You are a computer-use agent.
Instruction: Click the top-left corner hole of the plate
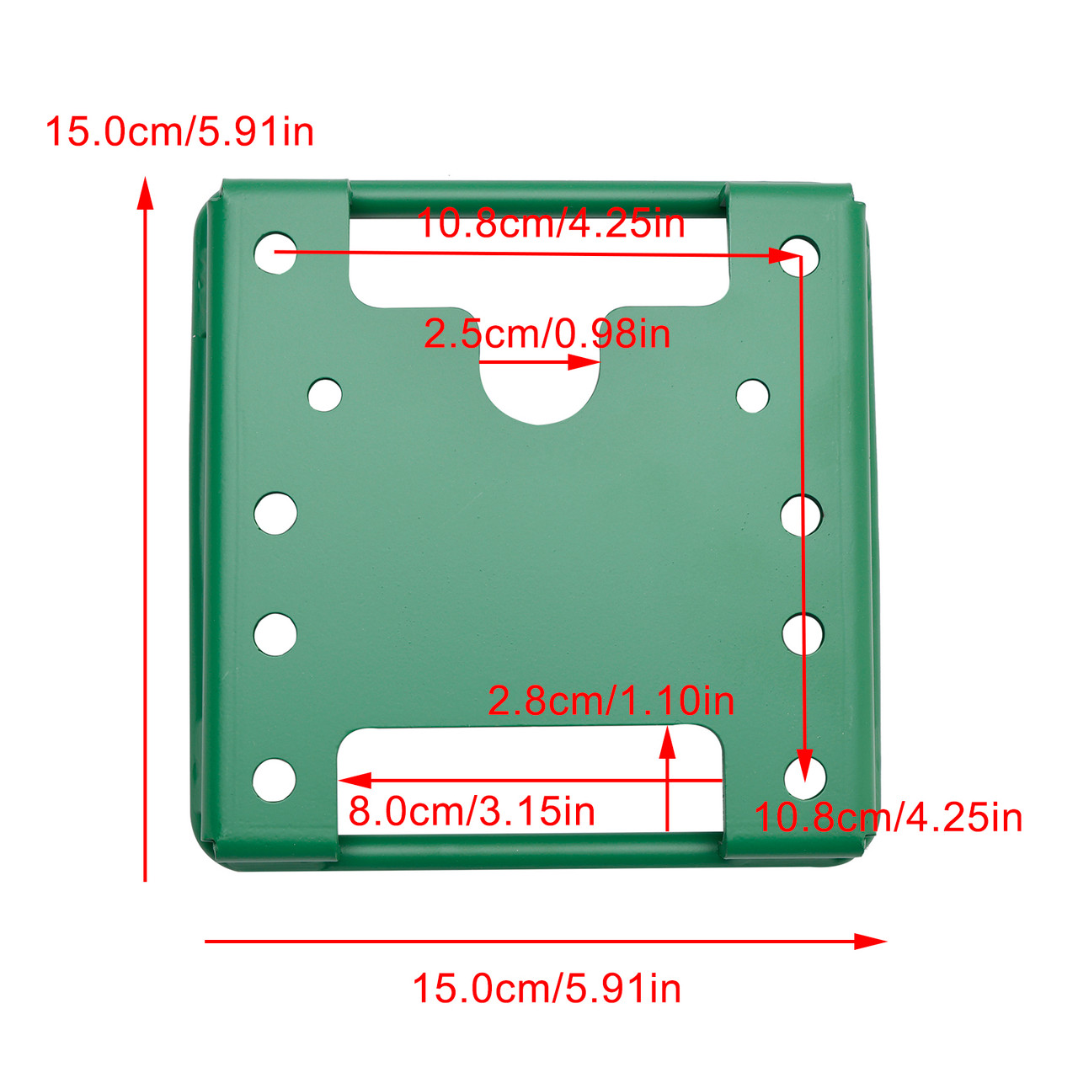(275, 253)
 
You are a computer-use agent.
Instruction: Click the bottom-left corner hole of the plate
(275, 780)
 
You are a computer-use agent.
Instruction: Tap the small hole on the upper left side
(325, 394)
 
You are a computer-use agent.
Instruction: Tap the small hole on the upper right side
(752, 396)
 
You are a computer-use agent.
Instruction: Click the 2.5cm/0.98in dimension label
(547, 334)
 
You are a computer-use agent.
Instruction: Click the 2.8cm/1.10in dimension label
(611, 701)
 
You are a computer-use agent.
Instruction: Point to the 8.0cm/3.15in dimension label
(472, 812)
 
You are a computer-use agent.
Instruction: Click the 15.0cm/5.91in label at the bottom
(546, 988)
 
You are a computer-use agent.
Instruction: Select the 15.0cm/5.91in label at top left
(179, 132)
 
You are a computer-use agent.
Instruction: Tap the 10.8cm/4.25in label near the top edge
(551, 224)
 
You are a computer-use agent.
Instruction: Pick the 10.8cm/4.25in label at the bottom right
(888, 818)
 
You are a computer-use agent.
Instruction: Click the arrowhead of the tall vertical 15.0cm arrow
(146, 192)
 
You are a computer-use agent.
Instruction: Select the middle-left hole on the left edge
(275, 514)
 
